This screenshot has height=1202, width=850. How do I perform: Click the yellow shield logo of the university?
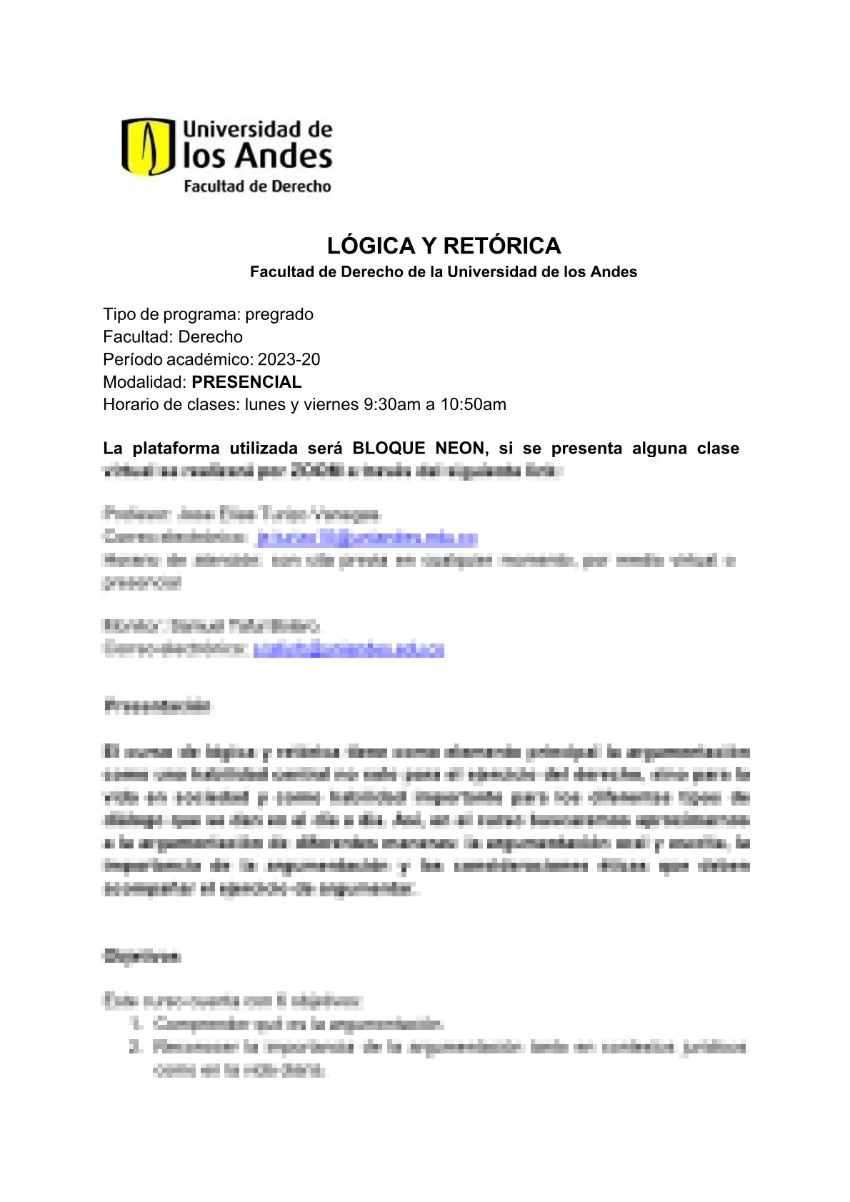(x=148, y=147)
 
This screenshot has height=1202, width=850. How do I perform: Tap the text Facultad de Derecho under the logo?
(x=257, y=186)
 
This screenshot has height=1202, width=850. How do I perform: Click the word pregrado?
(x=279, y=314)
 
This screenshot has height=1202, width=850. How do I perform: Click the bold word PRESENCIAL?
(x=246, y=381)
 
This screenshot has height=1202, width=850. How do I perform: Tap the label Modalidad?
(x=145, y=381)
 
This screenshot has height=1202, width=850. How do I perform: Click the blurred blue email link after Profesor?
(x=366, y=537)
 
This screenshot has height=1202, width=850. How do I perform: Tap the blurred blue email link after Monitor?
(x=349, y=648)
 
